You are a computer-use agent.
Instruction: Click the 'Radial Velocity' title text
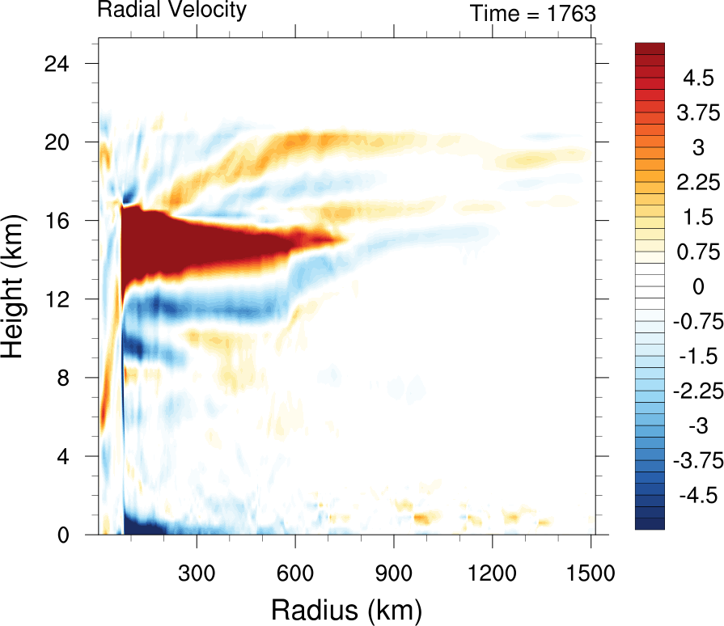(171, 11)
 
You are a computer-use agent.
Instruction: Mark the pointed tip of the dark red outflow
(346, 239)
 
